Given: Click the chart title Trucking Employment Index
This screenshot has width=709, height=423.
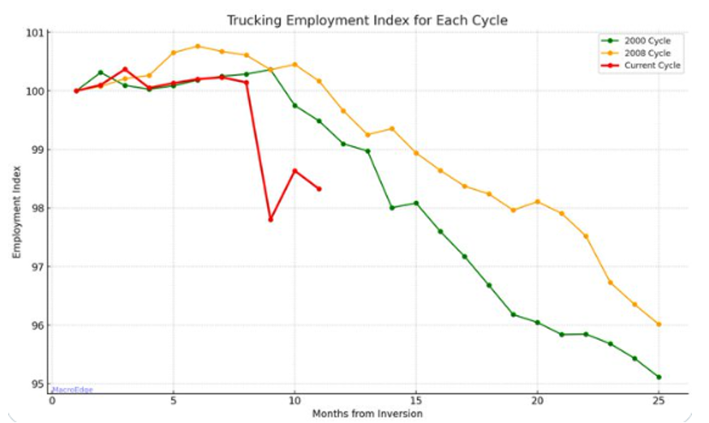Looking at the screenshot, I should click(367, 20).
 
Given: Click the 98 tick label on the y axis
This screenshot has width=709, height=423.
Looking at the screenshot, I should click(37, 208).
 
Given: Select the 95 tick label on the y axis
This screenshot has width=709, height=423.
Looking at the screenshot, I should click(37, 384).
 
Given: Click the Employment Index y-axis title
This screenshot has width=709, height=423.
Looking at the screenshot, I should click(16, 211).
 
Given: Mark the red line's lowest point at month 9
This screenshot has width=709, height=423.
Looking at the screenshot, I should click(270, 220).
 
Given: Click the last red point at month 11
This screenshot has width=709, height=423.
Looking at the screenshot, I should click(319, 189).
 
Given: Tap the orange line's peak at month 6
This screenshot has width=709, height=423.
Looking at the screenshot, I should click(197, 46).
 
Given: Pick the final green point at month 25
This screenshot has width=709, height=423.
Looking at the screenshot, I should click(658, 377).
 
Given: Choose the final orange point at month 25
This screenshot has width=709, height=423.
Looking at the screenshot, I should click(658, 324).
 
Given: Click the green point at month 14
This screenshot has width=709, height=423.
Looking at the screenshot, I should click(392, 207).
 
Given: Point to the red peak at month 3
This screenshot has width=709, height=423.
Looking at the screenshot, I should click(125, 69).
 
